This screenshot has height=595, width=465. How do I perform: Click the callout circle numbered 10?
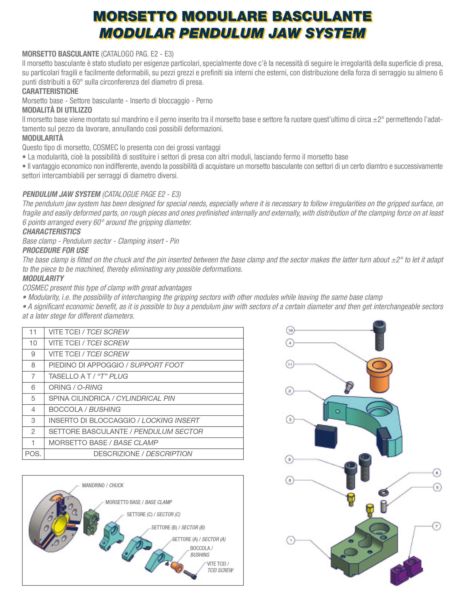click(x=290, y=331)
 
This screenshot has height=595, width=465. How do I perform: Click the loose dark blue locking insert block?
click(x=326, y=436)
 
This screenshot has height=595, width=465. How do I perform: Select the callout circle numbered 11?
click(x=290, y=364)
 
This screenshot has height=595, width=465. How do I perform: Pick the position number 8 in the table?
click(x=33, y=365)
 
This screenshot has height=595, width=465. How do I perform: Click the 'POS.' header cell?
click(x=33, y=454)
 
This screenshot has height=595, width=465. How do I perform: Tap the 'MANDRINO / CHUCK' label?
click(x=103, y=485)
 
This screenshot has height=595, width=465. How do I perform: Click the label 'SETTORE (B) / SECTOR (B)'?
click(x=178, y=527)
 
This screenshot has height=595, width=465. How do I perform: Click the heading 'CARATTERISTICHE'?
click(x=50, y=91)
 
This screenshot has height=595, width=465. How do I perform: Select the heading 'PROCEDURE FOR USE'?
click(x=56, y=250)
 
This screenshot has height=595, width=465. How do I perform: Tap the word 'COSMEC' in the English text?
click(x=35, y=288)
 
